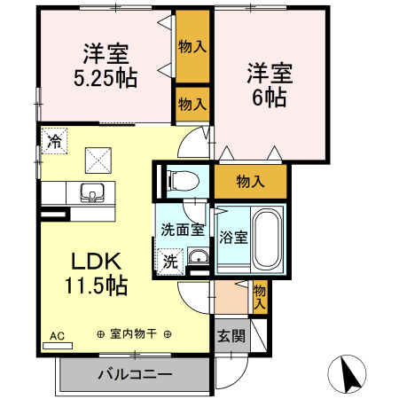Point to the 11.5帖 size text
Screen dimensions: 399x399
pos(94,286)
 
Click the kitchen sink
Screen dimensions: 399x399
pos(91,192)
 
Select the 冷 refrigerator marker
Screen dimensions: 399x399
pos(54,141)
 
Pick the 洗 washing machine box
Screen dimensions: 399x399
pos(168,261)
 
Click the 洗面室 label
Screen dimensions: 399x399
pos(182,230)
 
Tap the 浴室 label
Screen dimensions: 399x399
pos(233,237)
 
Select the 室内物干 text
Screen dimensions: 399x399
pos(133,334)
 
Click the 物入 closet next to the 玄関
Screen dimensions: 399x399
pos(259,295)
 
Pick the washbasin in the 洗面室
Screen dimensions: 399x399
pos(197,258)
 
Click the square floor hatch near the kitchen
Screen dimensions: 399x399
pos(96,160)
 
